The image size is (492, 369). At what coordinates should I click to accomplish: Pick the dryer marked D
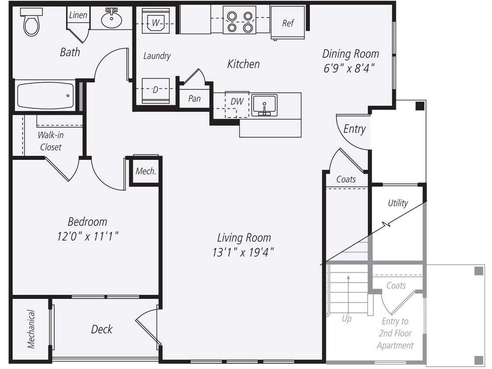155,91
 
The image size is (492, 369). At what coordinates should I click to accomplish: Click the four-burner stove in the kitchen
239,20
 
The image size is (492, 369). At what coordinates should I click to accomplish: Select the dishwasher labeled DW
237,101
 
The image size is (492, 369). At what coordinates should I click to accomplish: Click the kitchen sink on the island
264,105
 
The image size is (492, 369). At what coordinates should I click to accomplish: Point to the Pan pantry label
194,98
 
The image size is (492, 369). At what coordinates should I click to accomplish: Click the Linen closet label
78,15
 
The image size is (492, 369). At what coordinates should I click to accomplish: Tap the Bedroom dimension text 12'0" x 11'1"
87,237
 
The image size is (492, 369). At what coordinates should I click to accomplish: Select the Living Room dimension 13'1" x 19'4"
244,252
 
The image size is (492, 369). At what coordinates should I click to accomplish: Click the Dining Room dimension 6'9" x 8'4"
350,69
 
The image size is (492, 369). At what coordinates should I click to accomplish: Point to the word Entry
354,129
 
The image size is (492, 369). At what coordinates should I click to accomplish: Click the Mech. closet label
146,171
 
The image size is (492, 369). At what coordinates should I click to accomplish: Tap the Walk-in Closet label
50,141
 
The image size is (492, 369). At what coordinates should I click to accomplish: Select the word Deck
102,329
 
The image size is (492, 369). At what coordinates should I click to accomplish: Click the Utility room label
398,203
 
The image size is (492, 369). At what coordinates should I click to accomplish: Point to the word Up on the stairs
346,319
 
